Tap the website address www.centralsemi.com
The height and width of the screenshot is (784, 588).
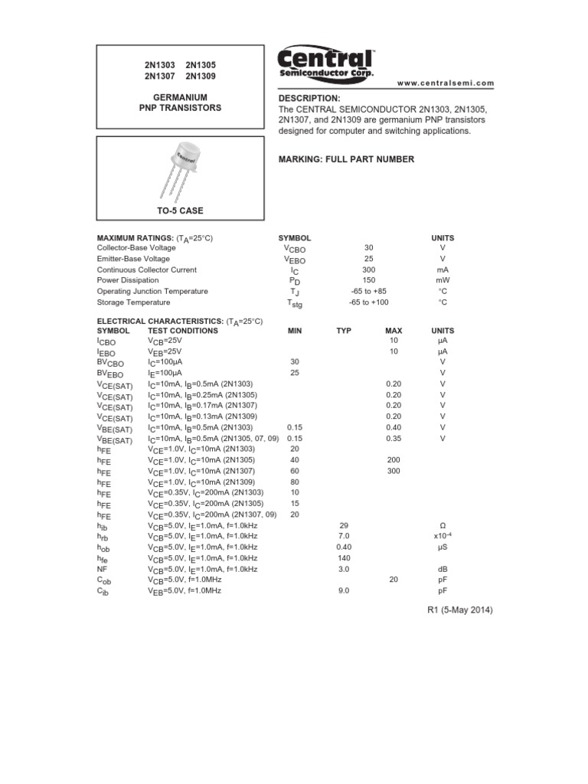[x=446, y=83]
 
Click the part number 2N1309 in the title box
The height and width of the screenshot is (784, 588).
[x=201, y=77]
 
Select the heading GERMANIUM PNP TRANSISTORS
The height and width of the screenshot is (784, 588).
[x=179, y=103]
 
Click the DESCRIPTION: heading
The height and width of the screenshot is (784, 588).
[x=309, y=99]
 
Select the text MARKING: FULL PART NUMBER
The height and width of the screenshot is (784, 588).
[x=346, y=159]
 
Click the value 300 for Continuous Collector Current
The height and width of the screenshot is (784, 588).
[x=369, y=269]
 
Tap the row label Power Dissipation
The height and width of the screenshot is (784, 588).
[x=128, y=281]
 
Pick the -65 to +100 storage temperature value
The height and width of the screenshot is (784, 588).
[x=369, y=302]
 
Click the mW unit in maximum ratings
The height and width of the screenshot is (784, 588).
[x=443, y=281]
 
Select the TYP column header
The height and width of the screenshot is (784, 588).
[x=343, y=331]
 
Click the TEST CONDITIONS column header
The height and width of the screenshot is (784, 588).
[x=182, y=331]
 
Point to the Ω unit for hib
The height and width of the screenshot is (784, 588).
[x=443, y=526]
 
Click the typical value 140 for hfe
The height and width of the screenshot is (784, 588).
[x=343, y=558]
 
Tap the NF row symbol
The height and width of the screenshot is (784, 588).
[x=102, y=570]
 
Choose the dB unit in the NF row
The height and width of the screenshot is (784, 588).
[x=443, y=570]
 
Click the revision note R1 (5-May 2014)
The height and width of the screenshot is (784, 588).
[x=459, y=610]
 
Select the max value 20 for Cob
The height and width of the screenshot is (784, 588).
[x=394, y=580]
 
